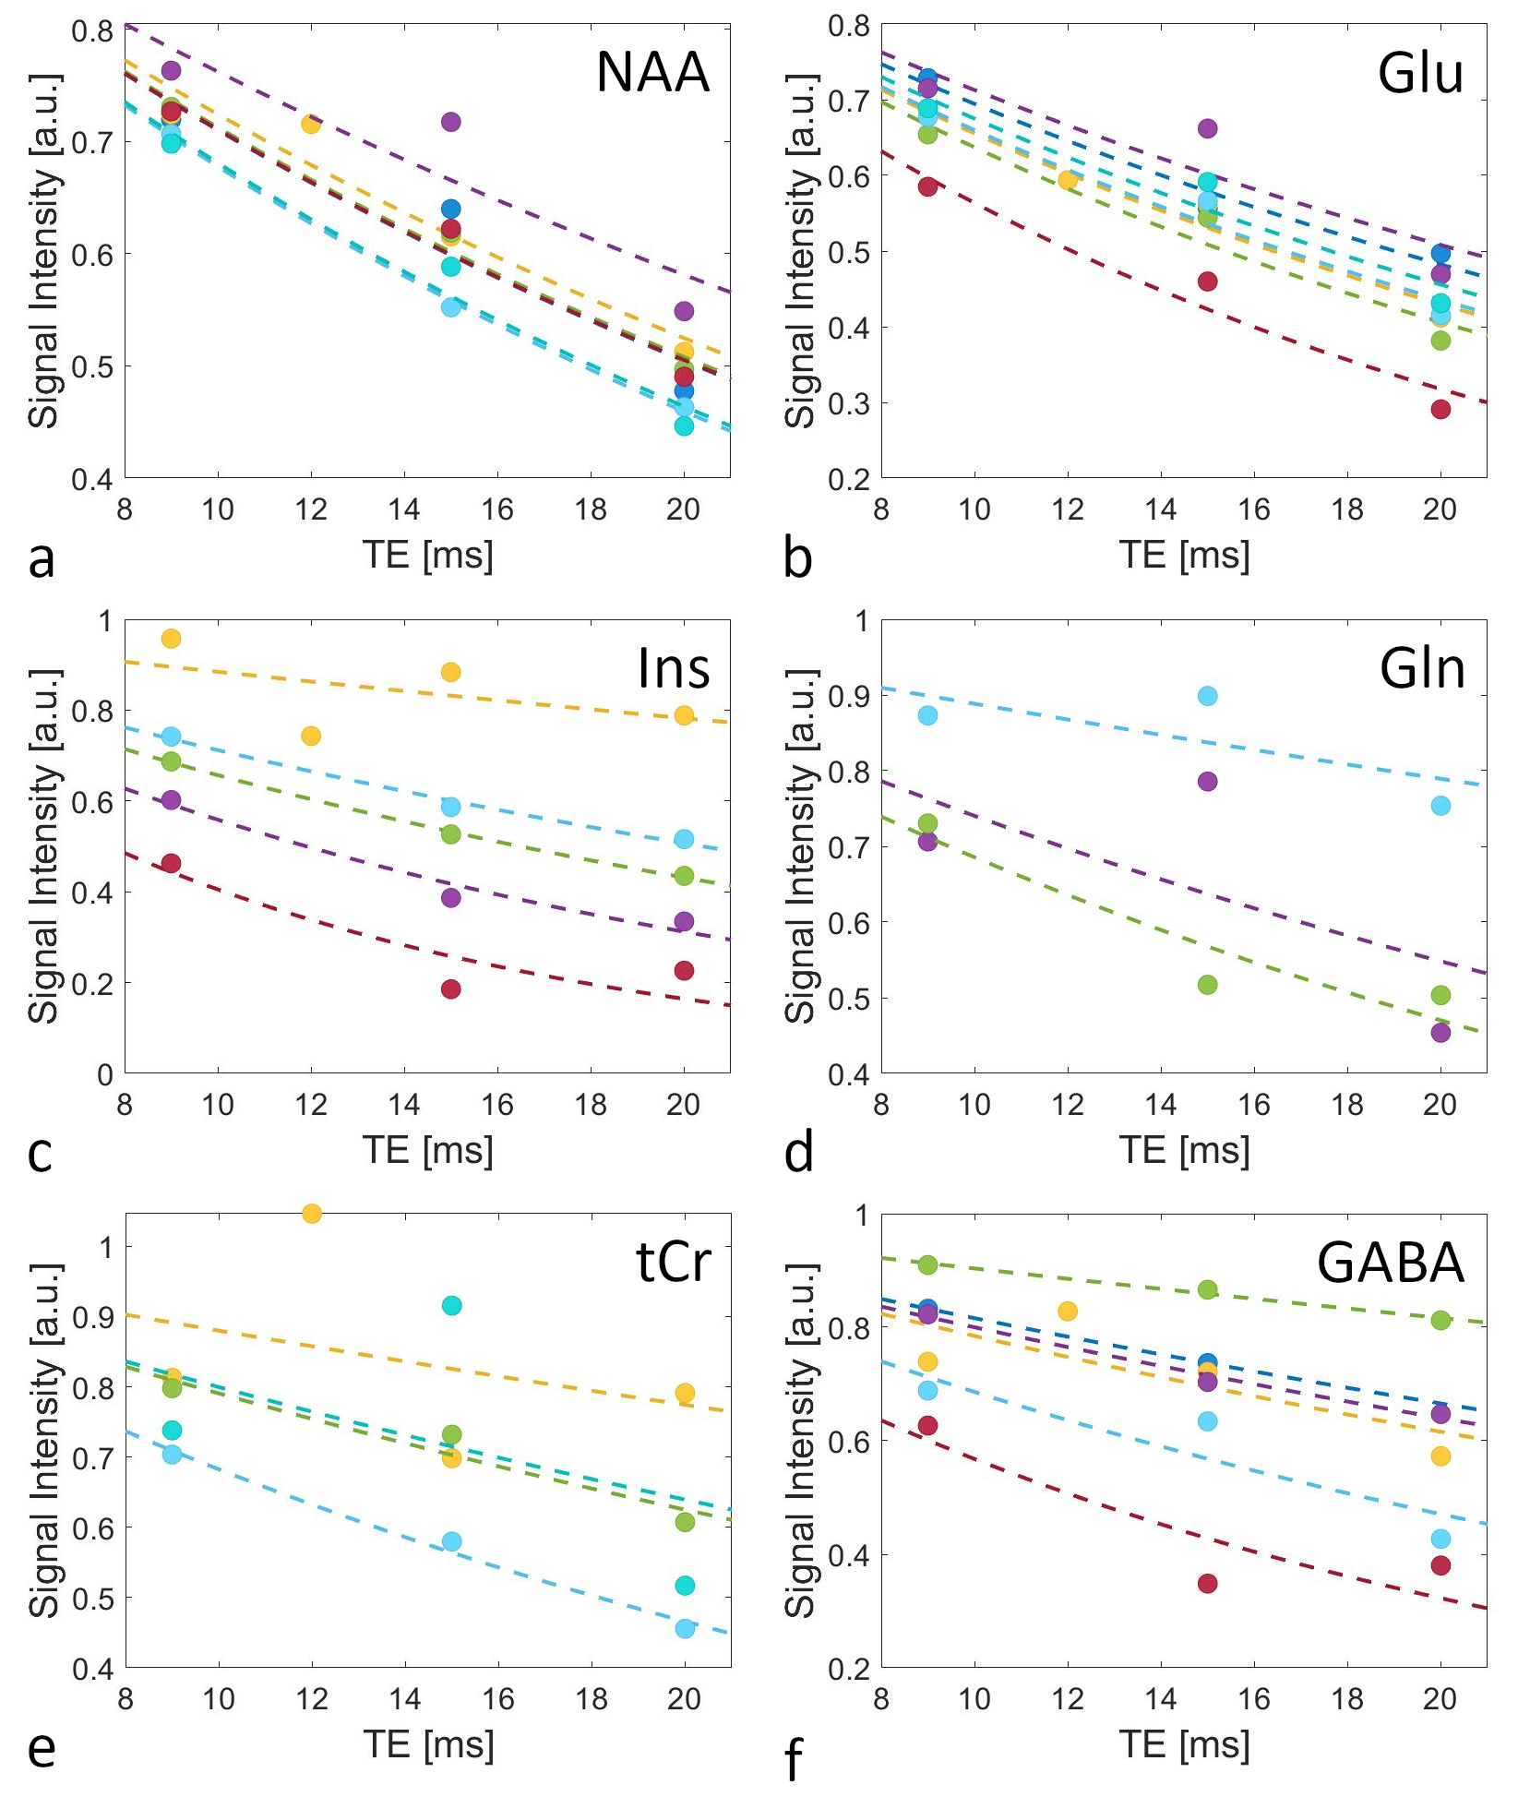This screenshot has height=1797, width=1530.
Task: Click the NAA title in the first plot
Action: tap(652, 72)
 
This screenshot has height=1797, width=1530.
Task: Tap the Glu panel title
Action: tap(1420, 73)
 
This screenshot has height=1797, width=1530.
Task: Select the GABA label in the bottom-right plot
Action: tap(1390, 1264)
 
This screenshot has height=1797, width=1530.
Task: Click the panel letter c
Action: tap(40, 1153)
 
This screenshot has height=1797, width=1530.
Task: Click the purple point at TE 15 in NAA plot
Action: tap(450, 122)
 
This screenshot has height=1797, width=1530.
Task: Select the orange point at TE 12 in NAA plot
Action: tap(311, 124)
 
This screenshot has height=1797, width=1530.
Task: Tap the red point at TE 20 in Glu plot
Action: tap(1440, 409)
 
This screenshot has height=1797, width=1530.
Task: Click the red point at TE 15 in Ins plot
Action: tap(450, 989)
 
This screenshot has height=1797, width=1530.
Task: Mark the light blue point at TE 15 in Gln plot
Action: tap(1207, 696)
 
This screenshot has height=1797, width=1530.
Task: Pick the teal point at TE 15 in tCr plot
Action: tap(451, 1306)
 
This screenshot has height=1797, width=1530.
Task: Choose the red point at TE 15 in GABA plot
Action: tap(1207, 1584)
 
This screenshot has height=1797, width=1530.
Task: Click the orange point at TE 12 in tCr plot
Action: tap(312, 1214)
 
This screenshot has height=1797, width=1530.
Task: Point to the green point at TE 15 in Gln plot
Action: tap(1207, 985)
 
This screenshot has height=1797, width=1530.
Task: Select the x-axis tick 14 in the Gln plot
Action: tap(1161, 1104)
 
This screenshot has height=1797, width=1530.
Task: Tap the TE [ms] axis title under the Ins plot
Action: tap(427, 1150)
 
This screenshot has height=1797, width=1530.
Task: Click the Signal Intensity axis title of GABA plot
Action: tap(799, 1440)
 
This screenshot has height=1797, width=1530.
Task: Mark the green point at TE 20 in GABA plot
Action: tap(1440, 1321)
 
